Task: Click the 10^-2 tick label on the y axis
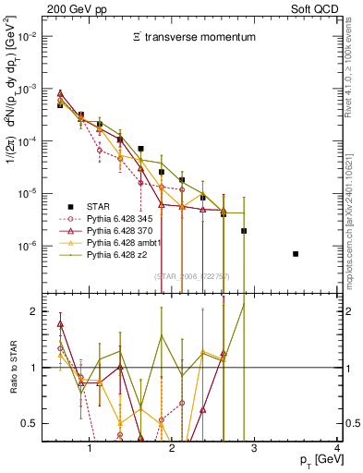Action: (36, 36)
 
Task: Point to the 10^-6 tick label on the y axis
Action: (36, 247)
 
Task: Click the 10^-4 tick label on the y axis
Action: (36, 141)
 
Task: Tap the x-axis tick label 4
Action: (337, 449)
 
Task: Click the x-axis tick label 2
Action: (172, 449)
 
